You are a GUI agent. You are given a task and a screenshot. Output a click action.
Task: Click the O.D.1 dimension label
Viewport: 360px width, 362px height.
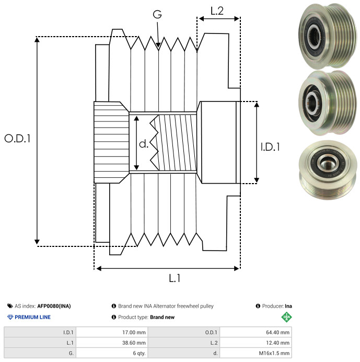point(17,139)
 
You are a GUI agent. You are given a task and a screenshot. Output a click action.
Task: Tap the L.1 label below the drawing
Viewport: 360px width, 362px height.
point(174,278)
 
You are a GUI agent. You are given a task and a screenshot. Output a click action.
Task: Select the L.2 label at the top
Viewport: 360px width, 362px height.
point(217,10)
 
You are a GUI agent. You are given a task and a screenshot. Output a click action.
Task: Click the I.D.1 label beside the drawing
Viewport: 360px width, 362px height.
point(270,148)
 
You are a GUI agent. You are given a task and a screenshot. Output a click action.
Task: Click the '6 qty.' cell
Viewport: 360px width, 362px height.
point(138,353)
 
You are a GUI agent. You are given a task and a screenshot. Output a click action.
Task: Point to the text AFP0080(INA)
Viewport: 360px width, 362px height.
point(54,306)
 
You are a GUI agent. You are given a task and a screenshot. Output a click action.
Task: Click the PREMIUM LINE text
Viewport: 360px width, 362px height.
point(32,317)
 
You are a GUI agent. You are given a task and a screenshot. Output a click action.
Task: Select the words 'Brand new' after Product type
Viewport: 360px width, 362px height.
point(162,317)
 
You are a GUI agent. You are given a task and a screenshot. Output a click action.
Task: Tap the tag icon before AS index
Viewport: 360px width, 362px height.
point(10,306)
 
